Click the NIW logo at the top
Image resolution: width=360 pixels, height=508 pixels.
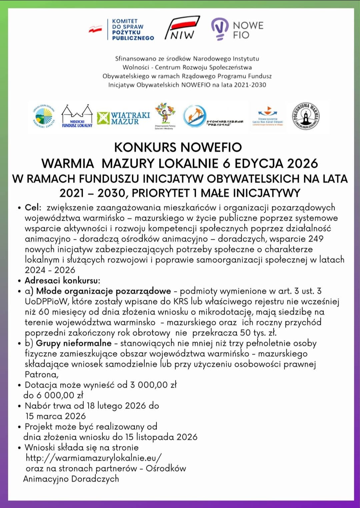coord(182,28)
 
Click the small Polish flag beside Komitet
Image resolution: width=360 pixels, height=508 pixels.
coord(95,30)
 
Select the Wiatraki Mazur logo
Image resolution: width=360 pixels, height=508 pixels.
coord(124,118)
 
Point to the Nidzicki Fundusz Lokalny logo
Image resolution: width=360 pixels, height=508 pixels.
coord(77,117)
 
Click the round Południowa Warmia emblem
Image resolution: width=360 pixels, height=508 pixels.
coord(306,116)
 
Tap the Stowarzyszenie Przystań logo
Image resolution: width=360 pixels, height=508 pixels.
coord(213,117)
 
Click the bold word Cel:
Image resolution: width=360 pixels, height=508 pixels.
coord(33,207)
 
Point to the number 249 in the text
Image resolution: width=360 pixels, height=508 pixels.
coord(316,239)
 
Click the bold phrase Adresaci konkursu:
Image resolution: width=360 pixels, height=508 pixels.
coord(62,280)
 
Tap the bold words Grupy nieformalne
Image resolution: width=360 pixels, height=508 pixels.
coord(74,343)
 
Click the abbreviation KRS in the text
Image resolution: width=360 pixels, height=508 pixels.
coord(181,301)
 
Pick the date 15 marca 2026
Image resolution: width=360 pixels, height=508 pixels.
coord(56,416)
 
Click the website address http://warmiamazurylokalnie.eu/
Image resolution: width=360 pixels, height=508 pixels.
coord(94,458)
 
